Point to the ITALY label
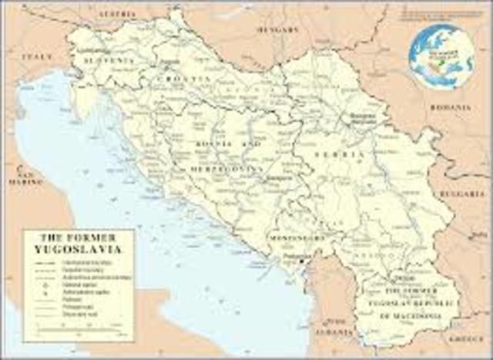(x=37, y=56)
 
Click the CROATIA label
(x=185, y=79)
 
